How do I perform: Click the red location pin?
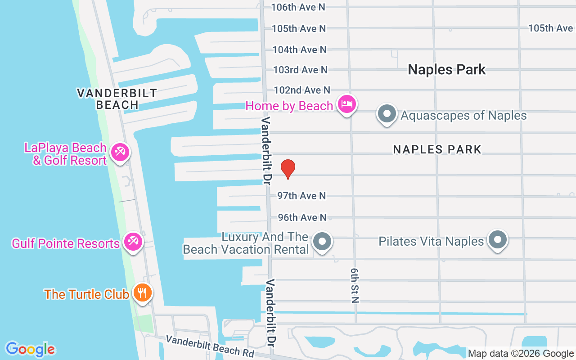coord(288,169)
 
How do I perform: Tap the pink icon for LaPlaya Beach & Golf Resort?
coord(120,152)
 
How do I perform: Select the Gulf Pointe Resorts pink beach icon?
coord(133,242)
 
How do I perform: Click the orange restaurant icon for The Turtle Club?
coord(143,293)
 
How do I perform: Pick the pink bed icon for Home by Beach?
coord(347,104)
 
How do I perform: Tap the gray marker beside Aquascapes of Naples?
coord(387,114)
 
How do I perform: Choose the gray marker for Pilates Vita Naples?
coord(498,240)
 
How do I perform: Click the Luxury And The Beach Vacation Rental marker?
coord(322,241)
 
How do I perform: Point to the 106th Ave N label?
coord(298,7)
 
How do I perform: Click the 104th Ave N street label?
coord(299,49)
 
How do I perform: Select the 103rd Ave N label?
coord(300,70)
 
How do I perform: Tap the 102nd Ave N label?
coord(302,90)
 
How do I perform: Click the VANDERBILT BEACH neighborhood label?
coord(117,99)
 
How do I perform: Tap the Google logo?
coord(30,349)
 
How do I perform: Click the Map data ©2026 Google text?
coord(521,354)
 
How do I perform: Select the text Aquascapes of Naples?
coord(463,115)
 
